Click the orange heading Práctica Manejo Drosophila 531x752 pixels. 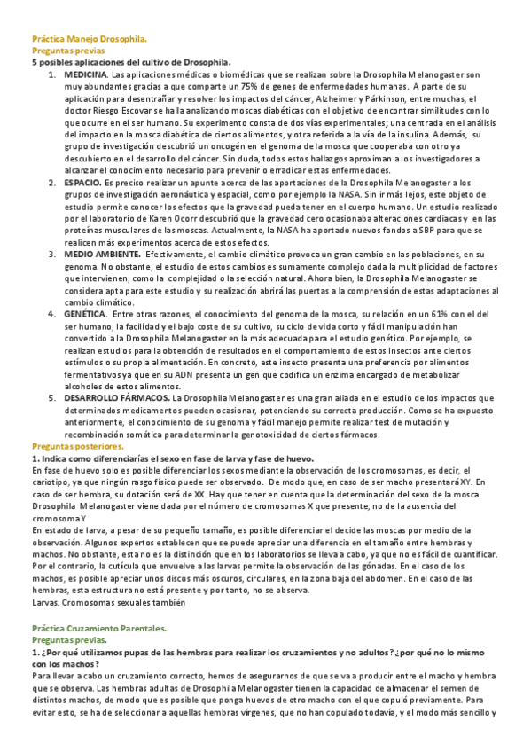point(90,40)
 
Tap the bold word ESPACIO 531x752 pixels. point(82,181)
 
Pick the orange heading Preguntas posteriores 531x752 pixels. point(78,446)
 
